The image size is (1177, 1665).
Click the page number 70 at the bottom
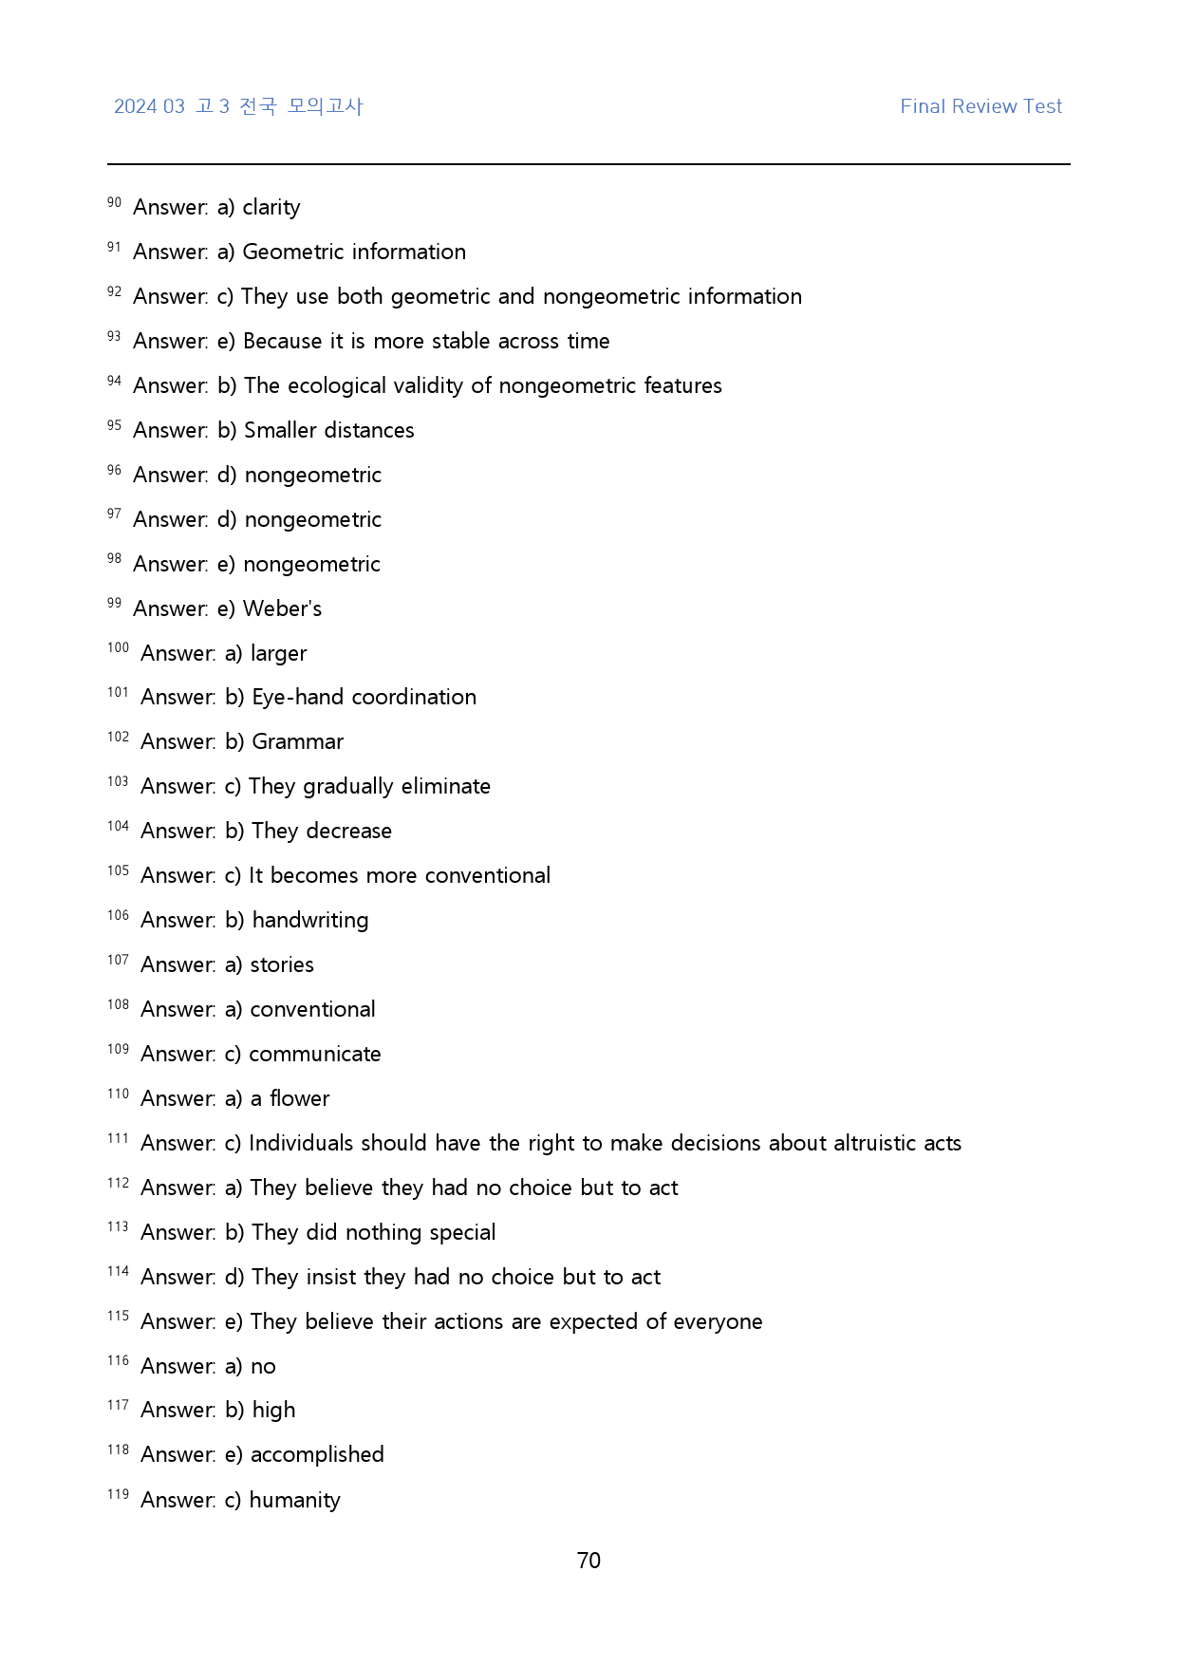point(588,1561)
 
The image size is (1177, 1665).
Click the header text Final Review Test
point(981,106)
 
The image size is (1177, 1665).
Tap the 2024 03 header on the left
point(149,106)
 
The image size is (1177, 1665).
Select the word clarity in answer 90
point(271,207)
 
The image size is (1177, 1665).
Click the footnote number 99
point(114,603)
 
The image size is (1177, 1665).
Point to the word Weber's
point(282,608)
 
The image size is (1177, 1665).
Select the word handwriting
point(309,920)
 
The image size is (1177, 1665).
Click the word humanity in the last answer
point(294,1500)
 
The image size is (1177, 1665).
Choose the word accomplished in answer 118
point(317,1454)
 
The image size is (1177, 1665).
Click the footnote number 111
point(118,1138)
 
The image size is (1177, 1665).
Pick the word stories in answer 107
point(282,964)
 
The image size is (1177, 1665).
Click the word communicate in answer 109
point(314,1054)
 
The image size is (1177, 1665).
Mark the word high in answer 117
point(273,1410)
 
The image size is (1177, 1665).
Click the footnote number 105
point(118,870)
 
